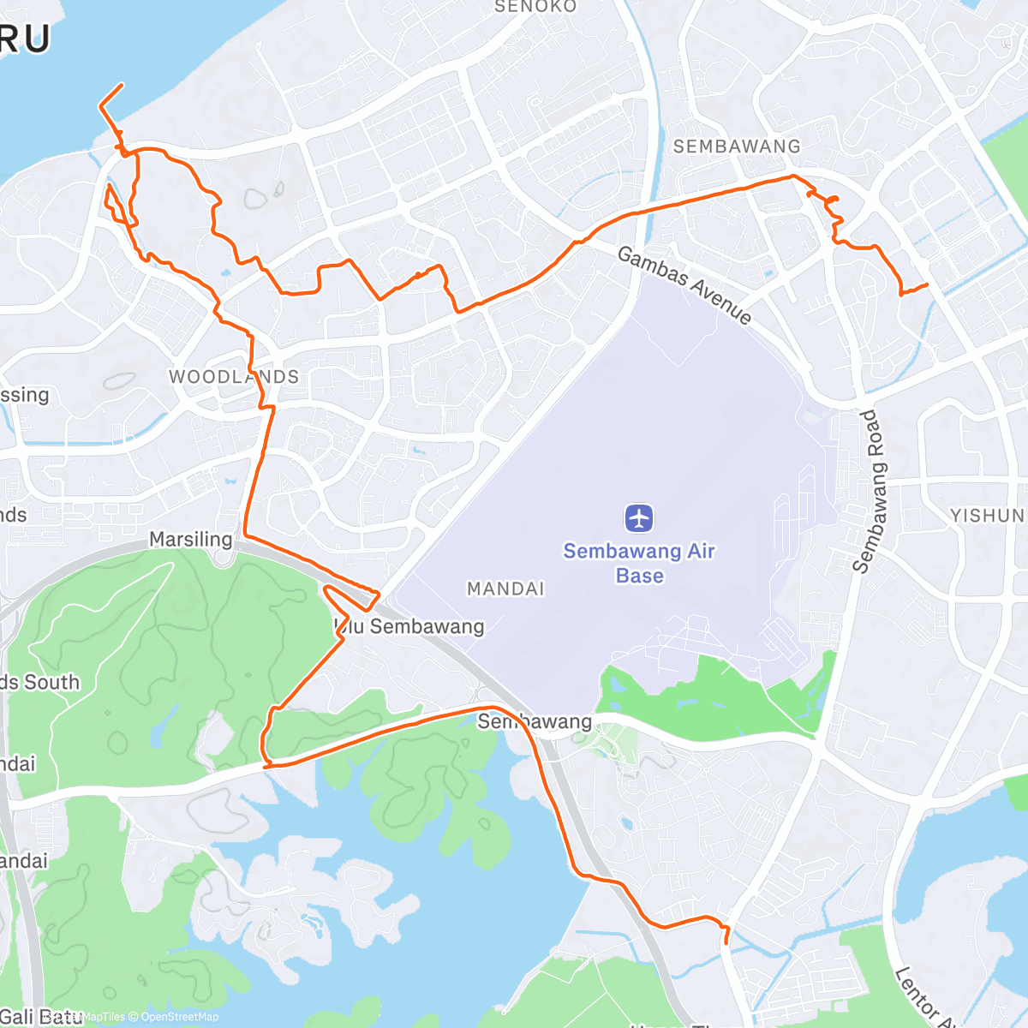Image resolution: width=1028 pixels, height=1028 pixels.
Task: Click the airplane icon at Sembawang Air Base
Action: click(639, 518)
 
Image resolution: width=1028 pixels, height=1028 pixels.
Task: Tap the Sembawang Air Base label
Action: click(639, 563)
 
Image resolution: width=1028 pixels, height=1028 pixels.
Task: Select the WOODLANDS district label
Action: click(234, 377)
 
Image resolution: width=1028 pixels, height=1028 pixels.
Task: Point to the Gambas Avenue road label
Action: click(684, 285)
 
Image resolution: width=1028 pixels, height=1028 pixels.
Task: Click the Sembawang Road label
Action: click(872, 491)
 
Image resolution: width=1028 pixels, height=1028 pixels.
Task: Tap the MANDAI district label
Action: click(505, 589)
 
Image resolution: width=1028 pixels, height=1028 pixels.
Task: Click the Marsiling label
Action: click(190, 540)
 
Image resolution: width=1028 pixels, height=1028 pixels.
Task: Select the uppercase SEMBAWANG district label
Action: click(737, 146)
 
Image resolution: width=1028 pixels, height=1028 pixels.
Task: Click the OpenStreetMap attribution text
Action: click(180, 1017)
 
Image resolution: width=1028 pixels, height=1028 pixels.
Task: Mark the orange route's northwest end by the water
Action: click(122, 84)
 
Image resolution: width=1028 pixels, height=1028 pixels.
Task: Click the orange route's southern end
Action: click(726, 943)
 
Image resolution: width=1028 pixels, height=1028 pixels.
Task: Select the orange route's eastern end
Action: click(928, 284)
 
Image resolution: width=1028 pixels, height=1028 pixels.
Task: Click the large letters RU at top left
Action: click(26, 39)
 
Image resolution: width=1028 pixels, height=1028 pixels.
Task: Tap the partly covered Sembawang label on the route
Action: click(535, 722)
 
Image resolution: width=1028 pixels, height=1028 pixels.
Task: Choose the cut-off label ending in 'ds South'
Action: click(39, 683)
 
